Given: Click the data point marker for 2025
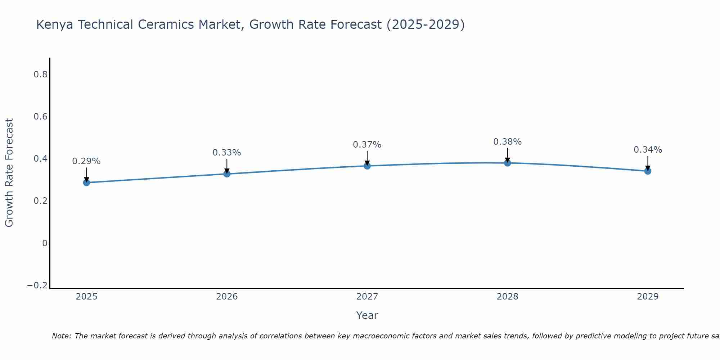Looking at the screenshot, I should point(86,183).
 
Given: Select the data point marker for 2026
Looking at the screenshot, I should point(227,174).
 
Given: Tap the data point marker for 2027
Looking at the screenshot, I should point(367,166).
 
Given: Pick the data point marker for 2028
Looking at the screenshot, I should point(507,163).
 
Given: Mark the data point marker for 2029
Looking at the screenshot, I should point(648,171).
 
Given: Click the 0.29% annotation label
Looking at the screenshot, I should point(86,161).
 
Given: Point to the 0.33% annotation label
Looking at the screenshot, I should point(227,153).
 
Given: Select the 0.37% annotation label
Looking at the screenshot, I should point(367,145).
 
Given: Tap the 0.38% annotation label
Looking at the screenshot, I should point(507,142).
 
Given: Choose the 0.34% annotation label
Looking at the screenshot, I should point(648,150).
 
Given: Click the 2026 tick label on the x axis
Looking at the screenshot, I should point(227,297).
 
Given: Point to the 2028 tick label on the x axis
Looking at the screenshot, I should point(507,297).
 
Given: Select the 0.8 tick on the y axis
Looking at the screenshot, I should point(41,75).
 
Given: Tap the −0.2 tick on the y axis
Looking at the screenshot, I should point(37,285).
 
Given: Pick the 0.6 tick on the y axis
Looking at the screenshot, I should point(41,117).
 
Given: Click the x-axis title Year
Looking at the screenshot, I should point(367,316).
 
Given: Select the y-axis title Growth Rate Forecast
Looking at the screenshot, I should point(9,173).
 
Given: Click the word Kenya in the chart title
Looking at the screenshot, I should point(54,25).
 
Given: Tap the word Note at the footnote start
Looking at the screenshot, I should point(61,336).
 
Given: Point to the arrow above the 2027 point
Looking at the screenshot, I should point(367,157).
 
